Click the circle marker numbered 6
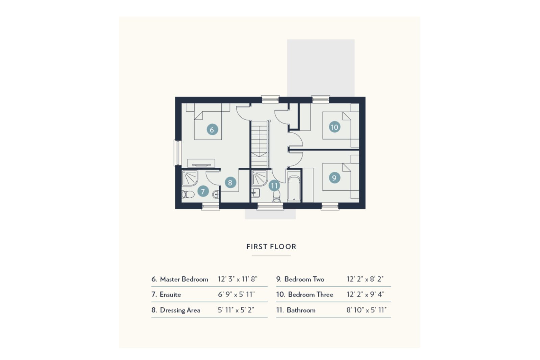[x=212, y=130]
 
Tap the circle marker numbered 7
[x=203, y=192]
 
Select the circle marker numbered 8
[x=230, y=183]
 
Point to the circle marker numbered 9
[x=334, y=178]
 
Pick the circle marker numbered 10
[x=334, y=127]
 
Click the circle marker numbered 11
[x=274, y=186]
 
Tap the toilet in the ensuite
[x=188, y=194]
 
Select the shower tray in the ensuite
[x=189, y=178]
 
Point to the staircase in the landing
[x=260, y=143]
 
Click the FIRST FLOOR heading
[x=271, y=247]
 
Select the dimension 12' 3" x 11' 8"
[x=237, y=279]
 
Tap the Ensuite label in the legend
[x=170, y=295]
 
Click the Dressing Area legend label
[x=180, y=310]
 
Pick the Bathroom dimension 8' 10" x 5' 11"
[x=367, y=310]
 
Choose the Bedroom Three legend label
[x=310, y=295]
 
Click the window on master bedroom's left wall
[x=177, y=153]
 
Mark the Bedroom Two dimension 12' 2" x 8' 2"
[x=365, y=279]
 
